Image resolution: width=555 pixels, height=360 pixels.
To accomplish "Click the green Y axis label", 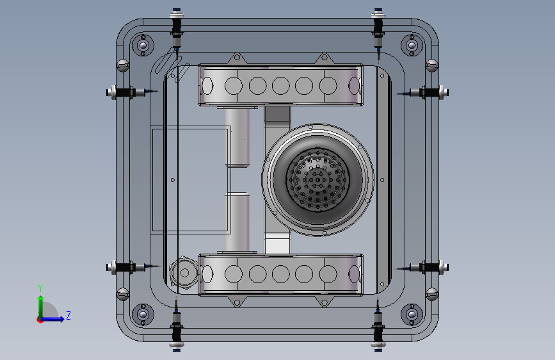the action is pyautogui.click(x=40, y=288).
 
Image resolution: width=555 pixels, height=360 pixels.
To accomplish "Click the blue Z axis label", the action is pyautogui.click(x=68, y=315).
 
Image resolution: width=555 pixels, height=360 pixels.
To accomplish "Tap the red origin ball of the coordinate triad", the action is pyautogui.click(x=40, y=320).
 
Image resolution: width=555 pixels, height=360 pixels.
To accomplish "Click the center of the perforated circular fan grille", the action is pyautogui.click(x=318, y=180).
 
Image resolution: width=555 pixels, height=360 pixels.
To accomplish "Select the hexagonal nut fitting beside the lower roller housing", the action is pyautogui.click(x=183, y=273).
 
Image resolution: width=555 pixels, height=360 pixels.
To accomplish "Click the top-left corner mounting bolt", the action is pyautogui.click(x=143, y=45).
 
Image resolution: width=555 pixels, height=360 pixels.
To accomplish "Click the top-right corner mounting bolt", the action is pyautogui.click(x=412, y=45).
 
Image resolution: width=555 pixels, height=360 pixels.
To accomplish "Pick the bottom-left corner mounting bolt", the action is pyautogui.click(x=143, y=315).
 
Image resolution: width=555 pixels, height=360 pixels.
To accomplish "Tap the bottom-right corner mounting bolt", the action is pyautogui.click(x=412, y=315).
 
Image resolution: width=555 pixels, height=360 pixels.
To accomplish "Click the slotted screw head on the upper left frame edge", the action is pyautogui.click(x=123, y=65).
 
